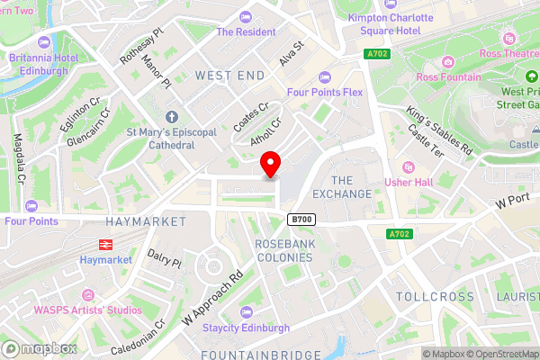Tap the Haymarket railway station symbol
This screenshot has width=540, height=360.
tap(105, 243)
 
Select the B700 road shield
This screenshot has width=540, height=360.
tap(300, 220)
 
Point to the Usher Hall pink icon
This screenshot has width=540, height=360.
tap(409, 166)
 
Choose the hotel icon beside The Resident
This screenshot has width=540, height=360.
tap(247, 16)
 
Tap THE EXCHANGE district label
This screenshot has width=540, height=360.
tap(340, 187)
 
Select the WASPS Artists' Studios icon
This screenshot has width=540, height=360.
tap(88, 294)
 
